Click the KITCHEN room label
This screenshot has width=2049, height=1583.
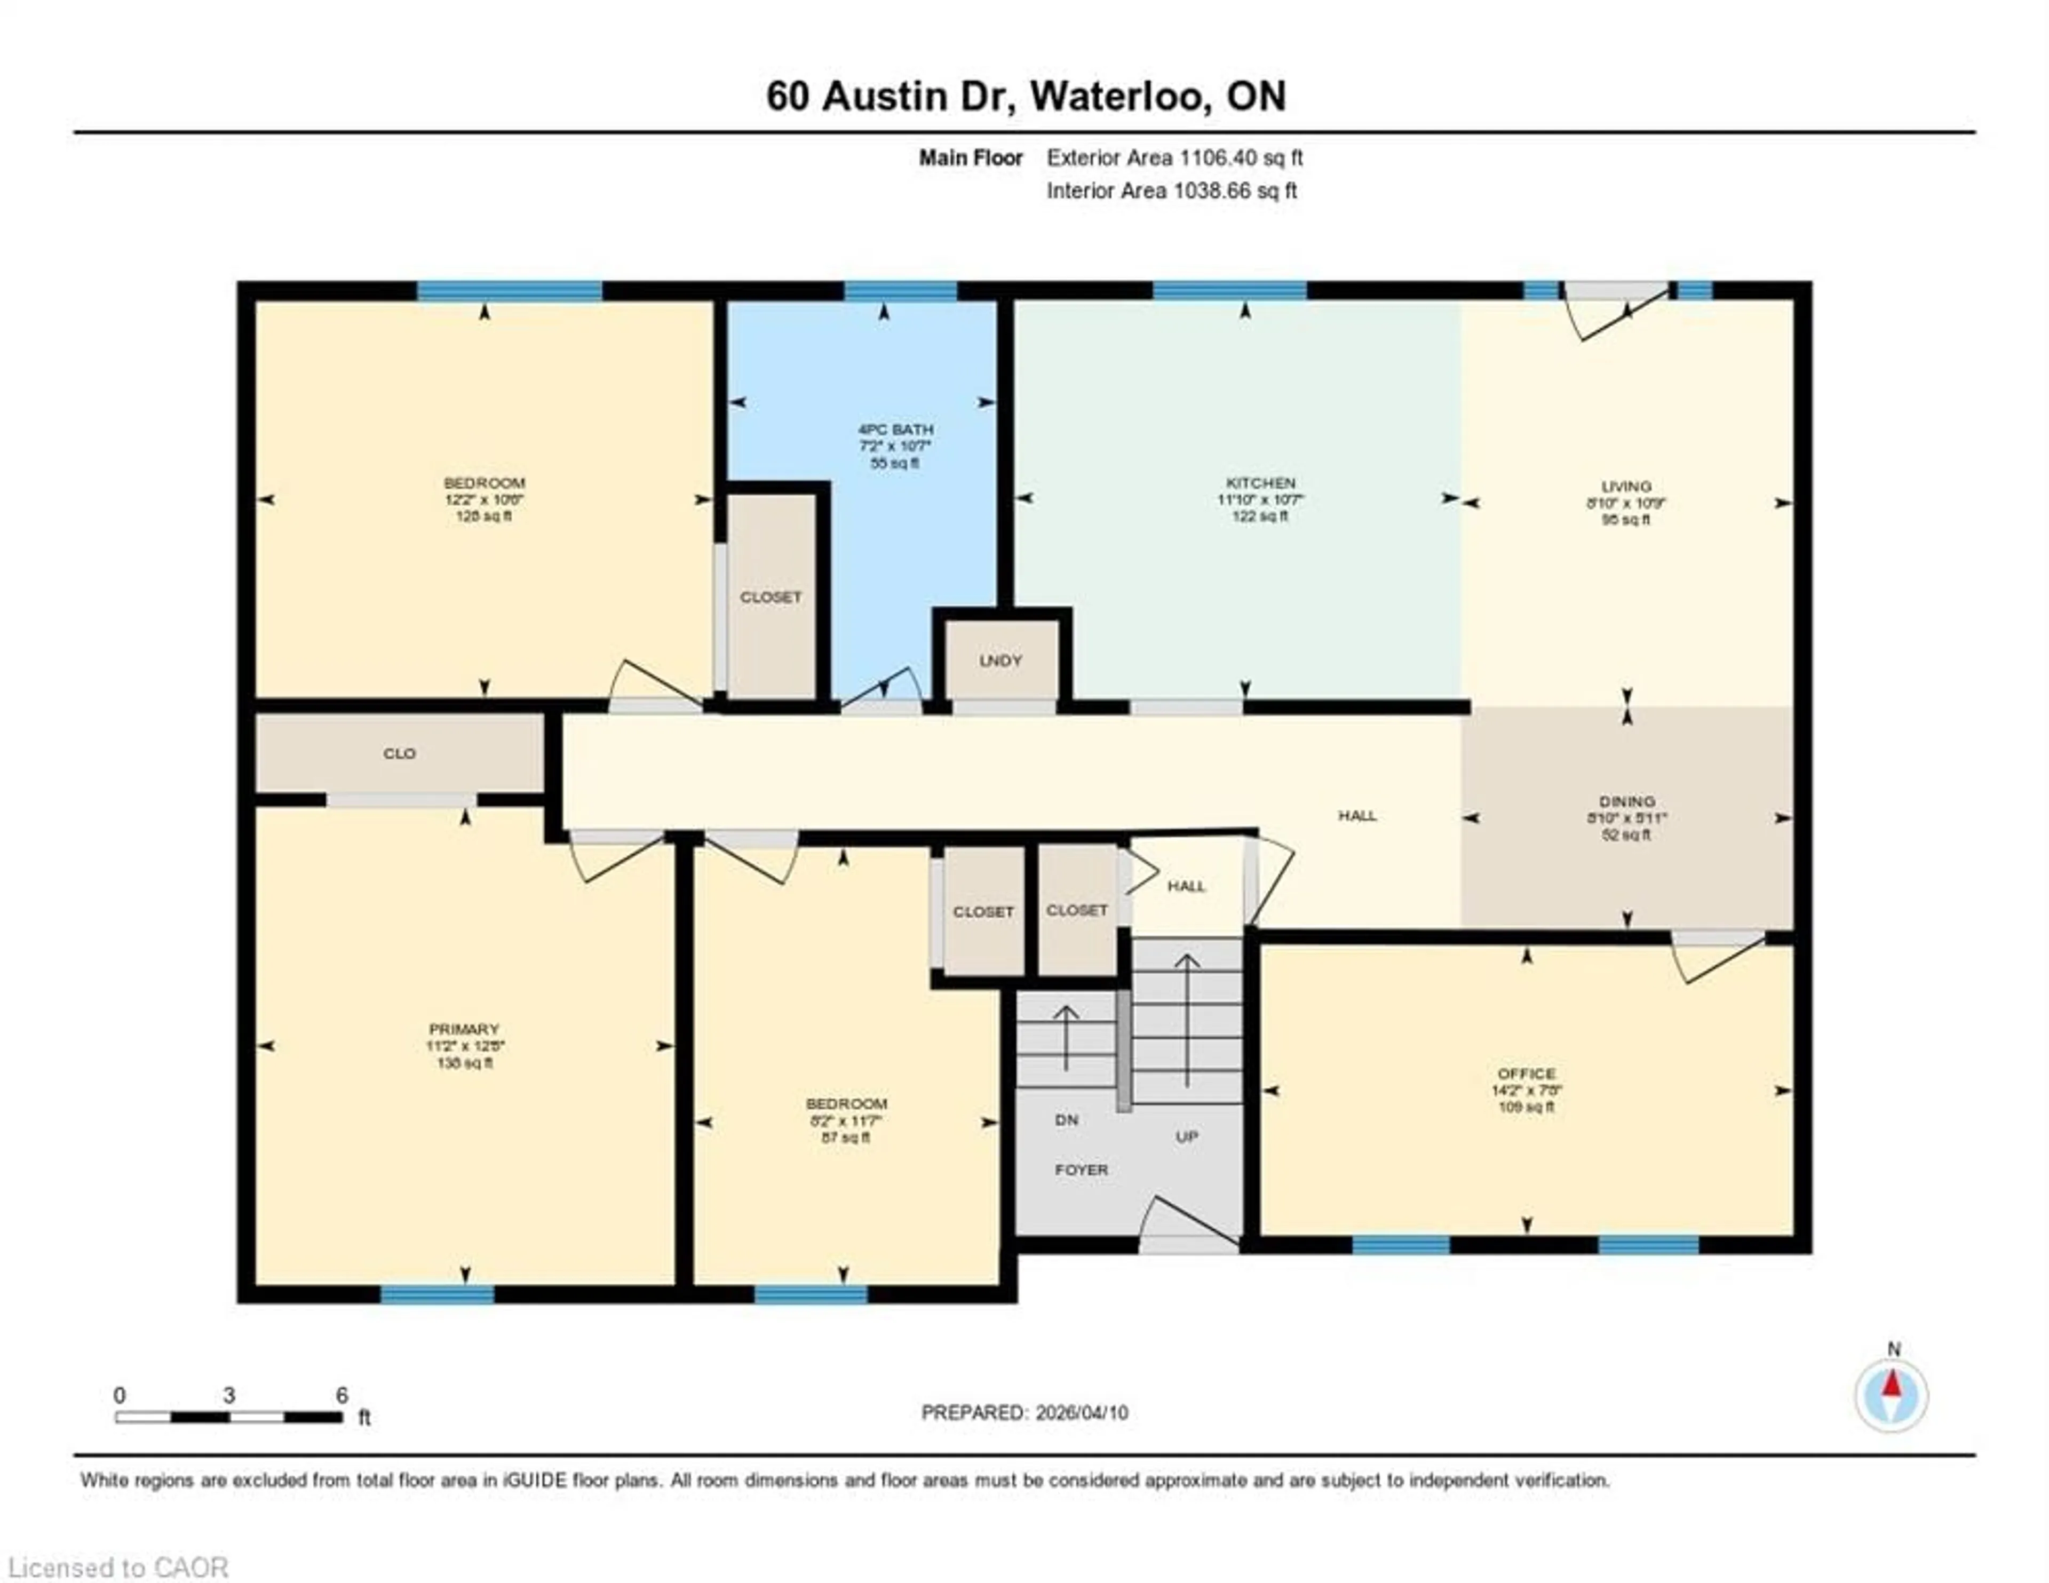point(1260,482)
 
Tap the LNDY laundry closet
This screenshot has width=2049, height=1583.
point(1000,661)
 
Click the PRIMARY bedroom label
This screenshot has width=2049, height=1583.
point(464,1029)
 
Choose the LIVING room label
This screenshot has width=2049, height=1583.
point(1626,486)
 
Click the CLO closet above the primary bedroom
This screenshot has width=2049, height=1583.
point(400,753)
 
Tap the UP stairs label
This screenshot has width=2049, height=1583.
point(1187,1136)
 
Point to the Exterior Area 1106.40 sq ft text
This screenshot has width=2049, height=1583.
point(1174,157)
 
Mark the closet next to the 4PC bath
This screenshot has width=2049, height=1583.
point(771,598)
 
